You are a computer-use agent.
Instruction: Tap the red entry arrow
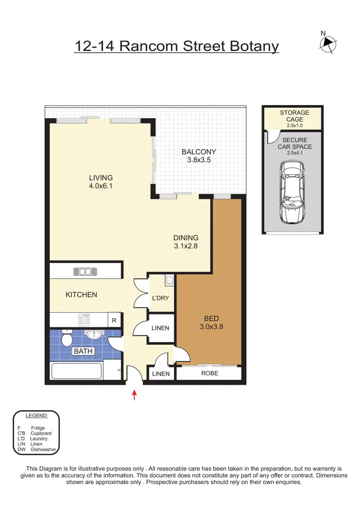[x=134, y=395]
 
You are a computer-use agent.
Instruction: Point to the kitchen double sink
[x=85, y=272]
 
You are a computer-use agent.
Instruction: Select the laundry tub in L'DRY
[x=169, y=280]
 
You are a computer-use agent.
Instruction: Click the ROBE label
[x=209, y=373]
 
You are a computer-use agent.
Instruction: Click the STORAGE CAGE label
[x=295, y=116]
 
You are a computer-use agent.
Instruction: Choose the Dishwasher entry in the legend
[x=44, y=450]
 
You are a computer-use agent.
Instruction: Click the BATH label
[x=83, y=351]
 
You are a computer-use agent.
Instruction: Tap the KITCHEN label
[x=81, y=295]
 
